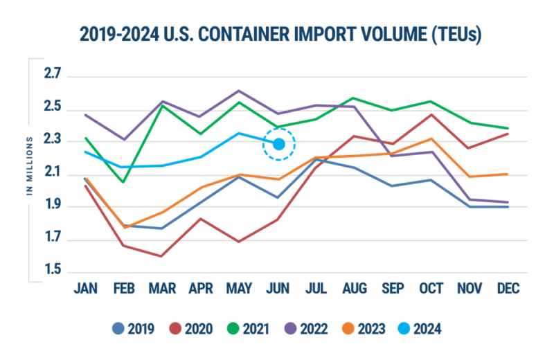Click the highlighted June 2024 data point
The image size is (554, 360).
pos(278,144)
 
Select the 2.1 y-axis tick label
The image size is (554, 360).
pos(53,173)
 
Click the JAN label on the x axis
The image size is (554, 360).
pos(84,288)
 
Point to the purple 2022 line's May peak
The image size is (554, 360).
pos(240,90)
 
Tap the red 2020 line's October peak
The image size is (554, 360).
pos(432,114)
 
